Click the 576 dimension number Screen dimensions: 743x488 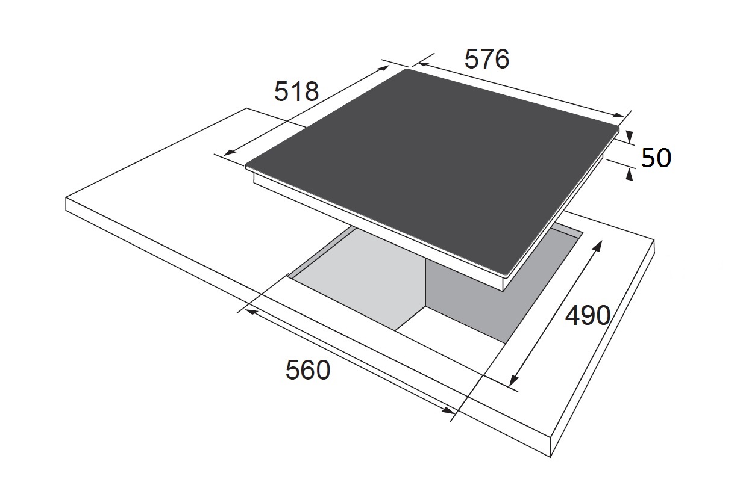487,60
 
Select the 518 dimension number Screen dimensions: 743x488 296,91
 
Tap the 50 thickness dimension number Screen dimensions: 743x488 656,158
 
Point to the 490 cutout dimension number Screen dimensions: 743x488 588,316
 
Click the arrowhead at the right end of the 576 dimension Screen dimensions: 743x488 618,116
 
